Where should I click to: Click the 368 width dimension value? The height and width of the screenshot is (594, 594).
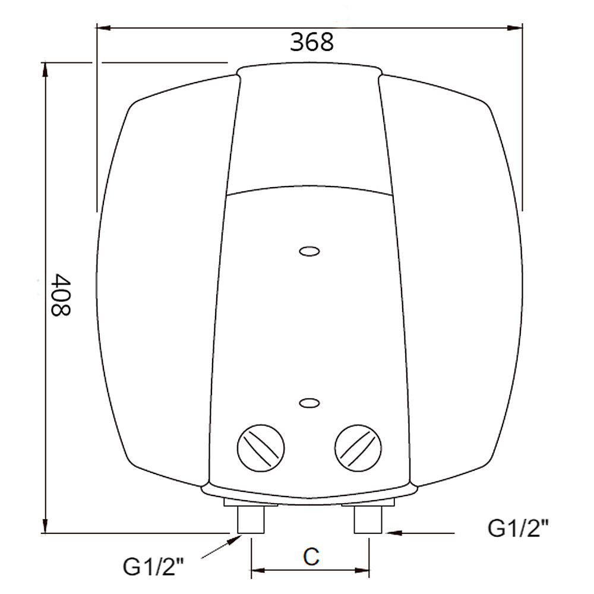tap(312, 42)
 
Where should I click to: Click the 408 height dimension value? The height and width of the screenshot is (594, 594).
tap(60, 295)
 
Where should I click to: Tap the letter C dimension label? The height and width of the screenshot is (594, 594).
tap(311, 557)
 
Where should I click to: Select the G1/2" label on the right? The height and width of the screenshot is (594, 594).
tap(518, 527)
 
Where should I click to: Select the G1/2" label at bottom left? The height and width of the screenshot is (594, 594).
tap(154, 566)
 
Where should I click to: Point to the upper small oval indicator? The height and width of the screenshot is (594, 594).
tap(309, 252)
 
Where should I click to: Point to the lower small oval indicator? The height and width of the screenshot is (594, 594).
tap(309, 403)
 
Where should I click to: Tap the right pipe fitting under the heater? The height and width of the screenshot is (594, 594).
tap(368, 520)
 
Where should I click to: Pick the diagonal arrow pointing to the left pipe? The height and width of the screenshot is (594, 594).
tap(234, 541)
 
